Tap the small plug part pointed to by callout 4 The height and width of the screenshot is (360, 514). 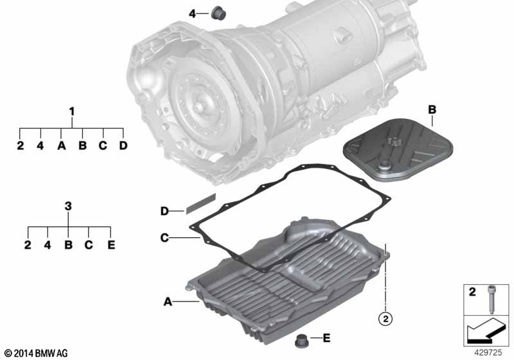tap(218, 12)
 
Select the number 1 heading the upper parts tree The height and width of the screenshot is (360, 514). tap(72, 112)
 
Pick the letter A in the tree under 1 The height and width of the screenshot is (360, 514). tap(62, 146)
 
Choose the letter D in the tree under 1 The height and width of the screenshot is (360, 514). tap(123, 146)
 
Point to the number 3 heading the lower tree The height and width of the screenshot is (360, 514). tap(69, 206)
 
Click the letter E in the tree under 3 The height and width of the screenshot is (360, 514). tap(111, 245)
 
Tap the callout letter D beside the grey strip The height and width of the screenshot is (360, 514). tap(164, 211)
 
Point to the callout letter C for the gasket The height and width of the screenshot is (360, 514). tap(164, 239)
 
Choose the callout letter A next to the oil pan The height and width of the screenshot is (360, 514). tap(168, 301)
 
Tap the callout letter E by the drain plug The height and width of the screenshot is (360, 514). tap(327, 338)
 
